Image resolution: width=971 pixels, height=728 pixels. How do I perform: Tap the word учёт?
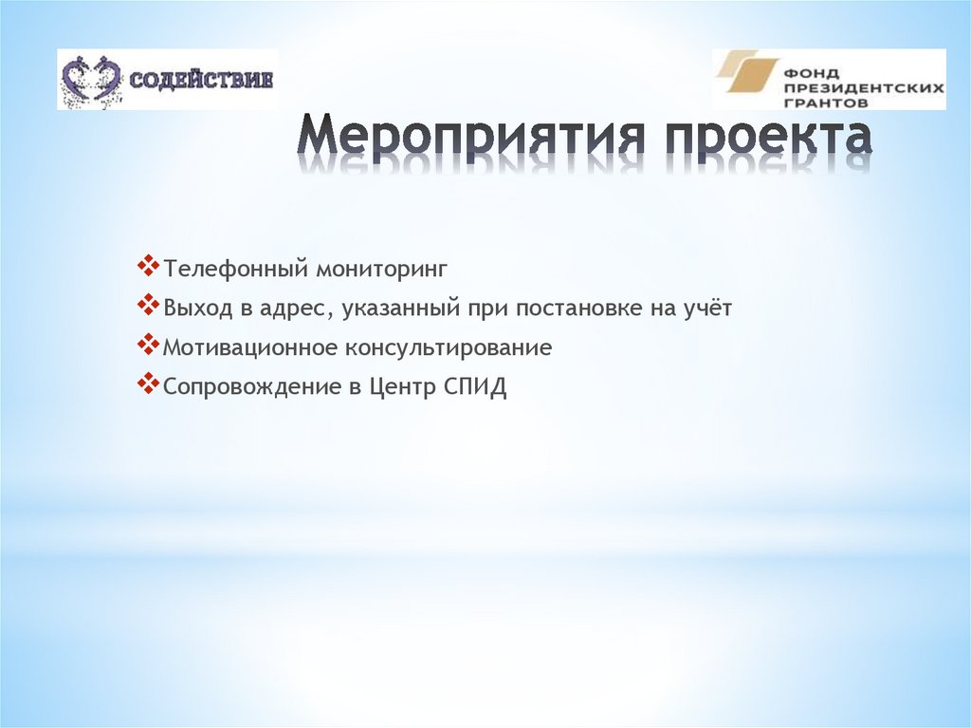click(x=706, y=309)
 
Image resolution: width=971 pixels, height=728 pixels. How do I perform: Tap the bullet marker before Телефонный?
click(x=149, y=268)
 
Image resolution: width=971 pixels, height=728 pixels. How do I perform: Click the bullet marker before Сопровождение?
click(x=149, y=386)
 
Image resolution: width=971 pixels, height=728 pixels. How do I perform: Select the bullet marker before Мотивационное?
click(x=149, y=346)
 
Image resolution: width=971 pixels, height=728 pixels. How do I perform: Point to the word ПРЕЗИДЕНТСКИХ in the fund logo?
click(x=864, y=85)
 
